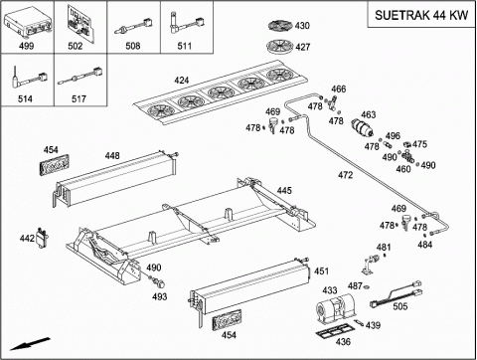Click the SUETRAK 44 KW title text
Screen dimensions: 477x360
click(x=421, y=15)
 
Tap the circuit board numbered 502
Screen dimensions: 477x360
click(x=80, y=22)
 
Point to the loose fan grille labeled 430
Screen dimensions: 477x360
click(x=280, y=26)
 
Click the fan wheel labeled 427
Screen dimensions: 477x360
click(x=280, y=46)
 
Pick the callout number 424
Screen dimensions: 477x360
click(x=182, y=81)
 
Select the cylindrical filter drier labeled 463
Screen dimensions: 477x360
click(x=362, y=127)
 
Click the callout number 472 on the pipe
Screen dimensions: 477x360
click(x=346, y=175)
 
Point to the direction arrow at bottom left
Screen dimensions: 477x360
click(x=30, y=344)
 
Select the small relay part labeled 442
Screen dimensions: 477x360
click(x=42, y=237)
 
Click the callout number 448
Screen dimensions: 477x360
click(x=112, y=155)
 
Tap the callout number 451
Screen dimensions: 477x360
click(x=321, y=271)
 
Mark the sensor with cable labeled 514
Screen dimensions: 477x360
click(x=28, y=79)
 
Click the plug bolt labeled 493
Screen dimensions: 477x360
click(x=159, y=282)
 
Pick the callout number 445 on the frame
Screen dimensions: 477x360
click(x=284, y=190)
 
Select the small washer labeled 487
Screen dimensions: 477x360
click(x=367, y=286)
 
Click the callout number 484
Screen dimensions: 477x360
click(x=425, y=245)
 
